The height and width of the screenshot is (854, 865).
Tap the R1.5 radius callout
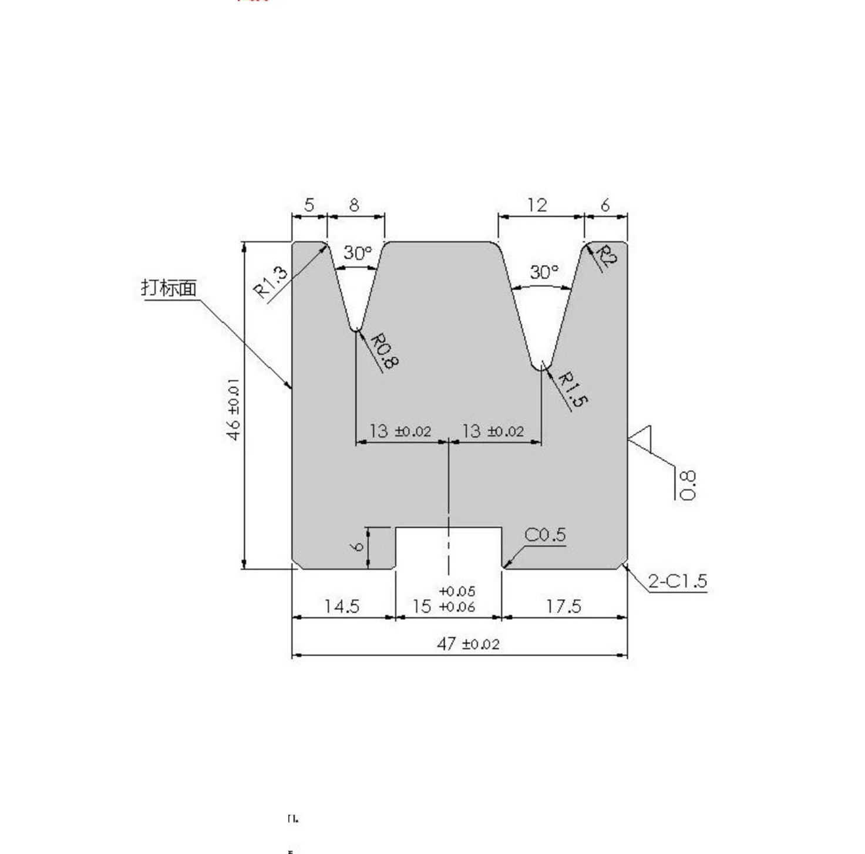[573, 389]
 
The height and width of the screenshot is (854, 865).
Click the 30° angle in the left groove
[358, 254]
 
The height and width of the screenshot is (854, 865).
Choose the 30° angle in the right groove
[544, 272]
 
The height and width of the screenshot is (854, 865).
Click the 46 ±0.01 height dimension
[234, 409]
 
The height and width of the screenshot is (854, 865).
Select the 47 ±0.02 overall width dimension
[468, 644]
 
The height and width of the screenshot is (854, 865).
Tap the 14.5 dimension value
[342, 606]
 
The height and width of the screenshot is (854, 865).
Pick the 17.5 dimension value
[564, 606]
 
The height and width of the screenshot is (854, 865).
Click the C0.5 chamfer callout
[545, 535]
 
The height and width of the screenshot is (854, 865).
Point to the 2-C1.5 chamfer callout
[678, 581]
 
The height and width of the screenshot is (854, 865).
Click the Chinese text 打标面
[169, 288]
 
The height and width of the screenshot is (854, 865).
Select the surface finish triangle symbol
[641, 438]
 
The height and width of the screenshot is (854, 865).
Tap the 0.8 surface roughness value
[687, 485]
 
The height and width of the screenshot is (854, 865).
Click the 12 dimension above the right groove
[537, 205]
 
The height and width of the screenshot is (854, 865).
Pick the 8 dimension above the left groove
[354, 205]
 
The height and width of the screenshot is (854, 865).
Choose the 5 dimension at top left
[309, 205]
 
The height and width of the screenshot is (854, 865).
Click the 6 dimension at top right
[605, 205]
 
